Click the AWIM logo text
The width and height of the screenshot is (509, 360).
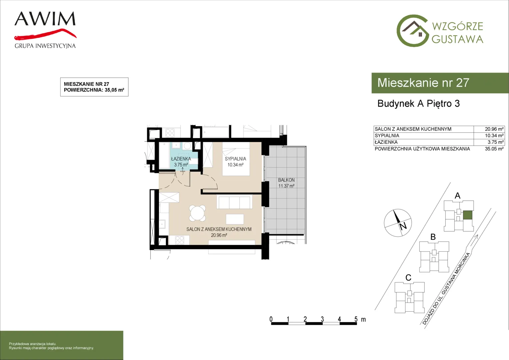click(45, 19)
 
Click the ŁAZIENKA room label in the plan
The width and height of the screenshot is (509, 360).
click(181, 159)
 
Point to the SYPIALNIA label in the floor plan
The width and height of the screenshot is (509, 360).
click(236, 159)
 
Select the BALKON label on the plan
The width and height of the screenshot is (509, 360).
click(286, 180)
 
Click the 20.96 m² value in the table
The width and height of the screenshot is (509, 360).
click(494, 129)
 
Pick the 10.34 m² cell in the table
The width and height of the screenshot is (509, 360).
click(494, 136)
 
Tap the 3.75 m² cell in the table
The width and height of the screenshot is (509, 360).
click(496, 142)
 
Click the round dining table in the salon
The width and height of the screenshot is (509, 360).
click(198, 213)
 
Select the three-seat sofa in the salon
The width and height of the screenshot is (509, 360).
click(234, 202)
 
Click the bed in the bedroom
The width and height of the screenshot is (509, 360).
click(236, 159)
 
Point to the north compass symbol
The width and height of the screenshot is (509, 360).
click(398, 223)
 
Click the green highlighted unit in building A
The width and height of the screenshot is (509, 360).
click(468, 215)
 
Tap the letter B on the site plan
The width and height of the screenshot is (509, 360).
click(433, 237)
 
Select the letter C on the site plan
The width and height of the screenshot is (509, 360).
click(408, 278)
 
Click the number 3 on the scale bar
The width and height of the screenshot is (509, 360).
click(322, 319)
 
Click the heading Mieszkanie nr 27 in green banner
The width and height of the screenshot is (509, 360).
click(423, 83)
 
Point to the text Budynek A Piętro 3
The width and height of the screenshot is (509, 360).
click(419, 103)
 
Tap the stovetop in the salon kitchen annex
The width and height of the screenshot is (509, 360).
click(180, 240)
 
